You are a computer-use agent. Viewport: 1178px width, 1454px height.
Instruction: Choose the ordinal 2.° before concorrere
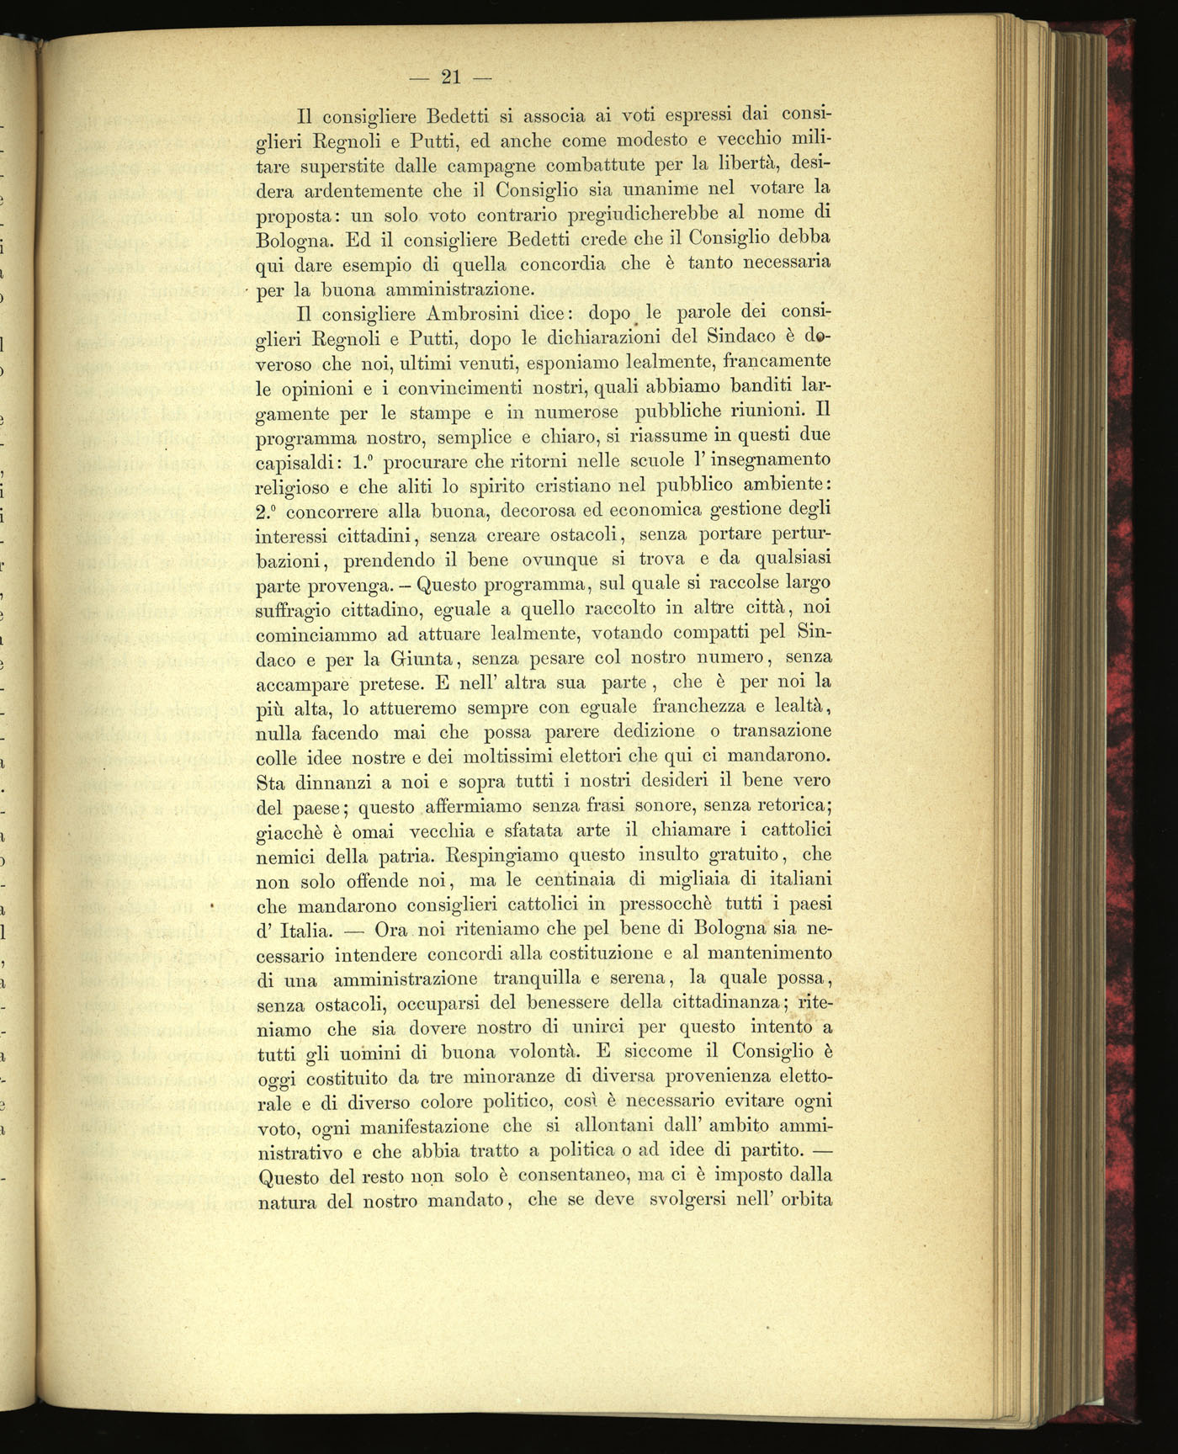tap(269, 511)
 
